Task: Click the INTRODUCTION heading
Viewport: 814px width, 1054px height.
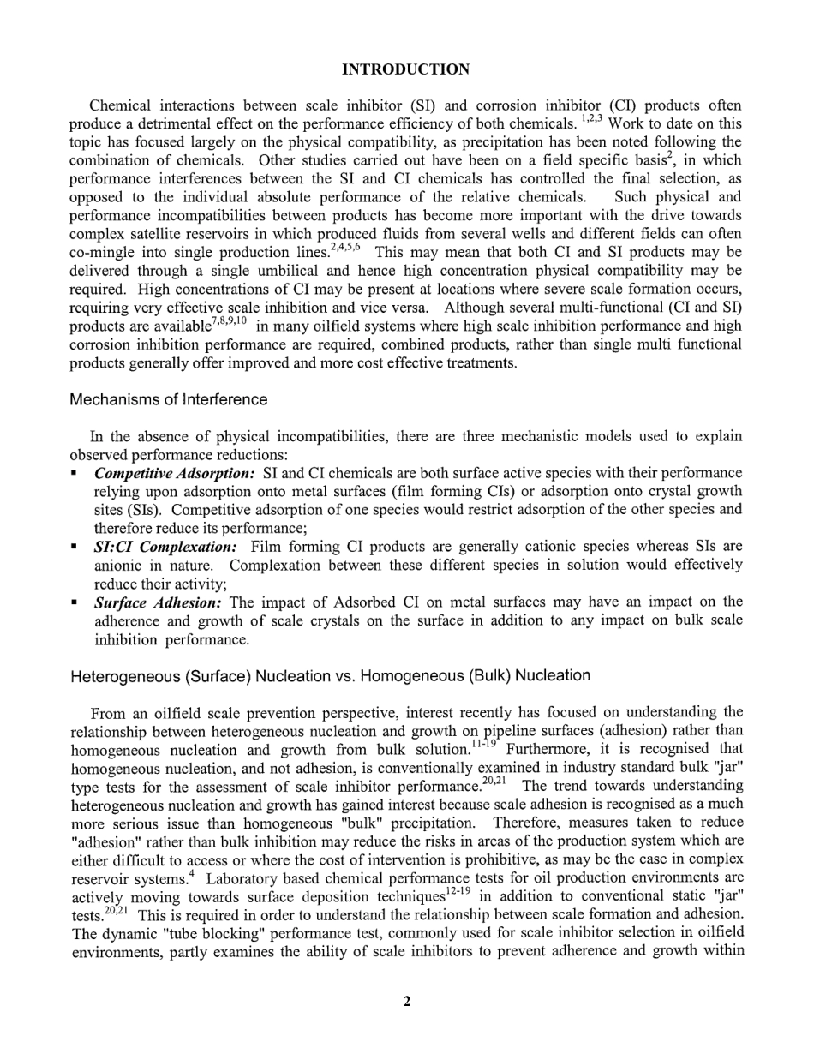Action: [405, 69]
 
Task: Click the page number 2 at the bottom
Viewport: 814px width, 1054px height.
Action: [407, 1002]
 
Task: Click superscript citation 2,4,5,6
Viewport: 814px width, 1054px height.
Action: [345, 248]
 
